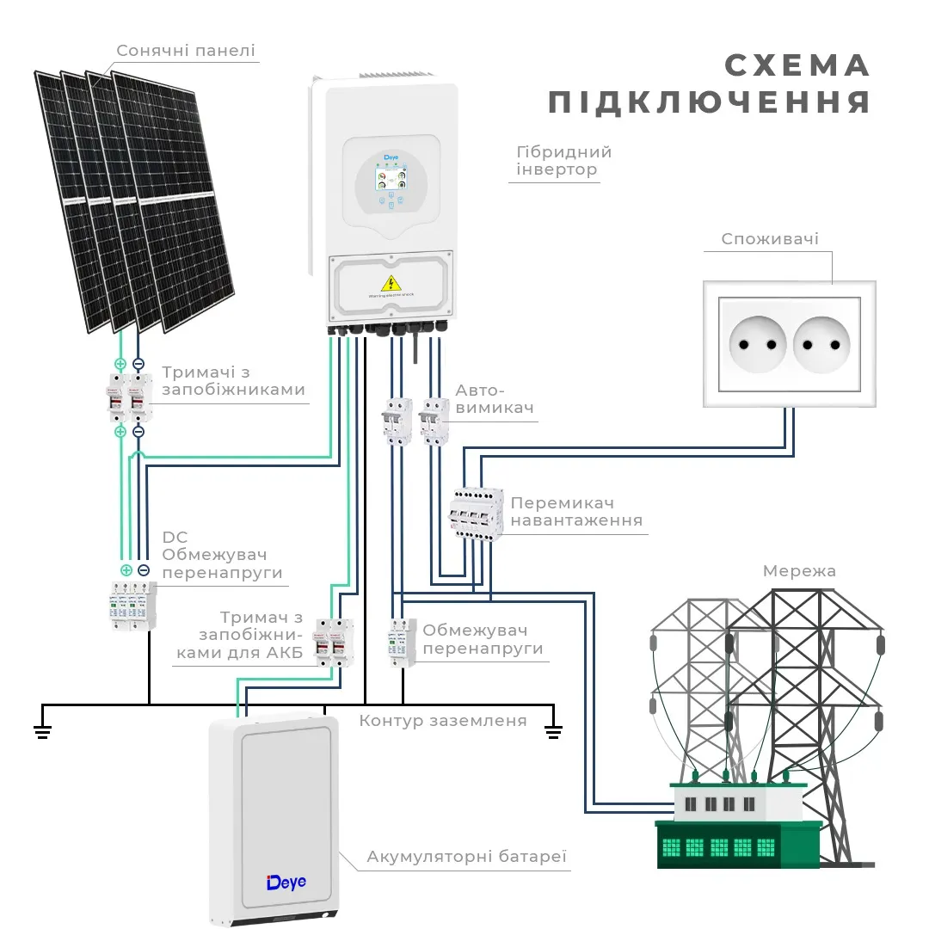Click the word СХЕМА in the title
(797, 66)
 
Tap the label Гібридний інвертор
(563, 161)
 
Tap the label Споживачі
(770, 239)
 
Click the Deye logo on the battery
(286, 882)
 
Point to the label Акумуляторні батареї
(467, 857)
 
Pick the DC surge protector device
(133, 606)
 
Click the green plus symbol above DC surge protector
(126, 570)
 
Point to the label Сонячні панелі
(186, 51)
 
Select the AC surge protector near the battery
(401, 641)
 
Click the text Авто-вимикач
(495, 398)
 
